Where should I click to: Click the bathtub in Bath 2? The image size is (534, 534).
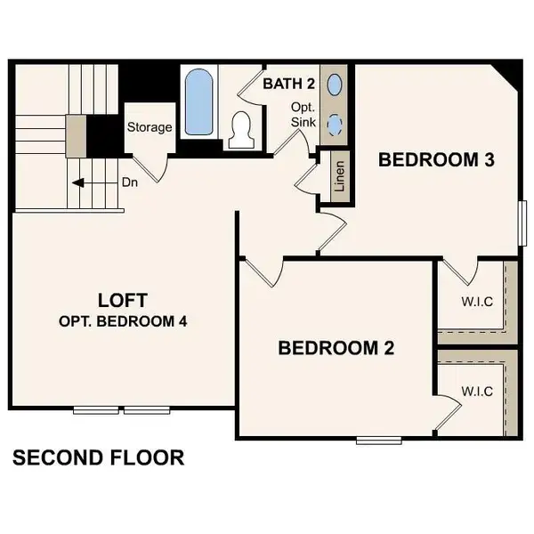pos(198,102)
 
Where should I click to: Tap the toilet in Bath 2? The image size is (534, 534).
pos(239,130)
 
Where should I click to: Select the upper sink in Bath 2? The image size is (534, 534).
pos(335,85)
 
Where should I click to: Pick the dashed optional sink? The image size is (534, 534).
pos(335,124)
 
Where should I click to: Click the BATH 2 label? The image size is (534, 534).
pos(288,84)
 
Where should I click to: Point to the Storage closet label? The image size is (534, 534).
pos(150,127)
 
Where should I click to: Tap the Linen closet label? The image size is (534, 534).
pos(338,175)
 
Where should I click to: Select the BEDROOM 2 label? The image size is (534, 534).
pos(336,347)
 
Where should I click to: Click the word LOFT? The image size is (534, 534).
pos(122,300)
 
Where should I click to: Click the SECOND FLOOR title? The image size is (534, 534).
pos(98,458)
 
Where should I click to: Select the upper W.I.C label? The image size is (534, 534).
pos(476,302)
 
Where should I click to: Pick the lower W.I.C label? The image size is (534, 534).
pos(476,391)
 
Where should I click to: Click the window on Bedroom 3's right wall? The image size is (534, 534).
pos(523,226)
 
